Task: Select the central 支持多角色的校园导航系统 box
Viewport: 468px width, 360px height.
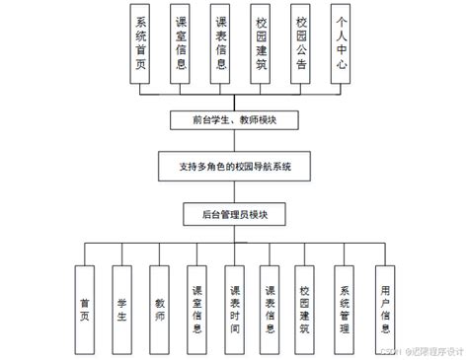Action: click(x=233, y=164)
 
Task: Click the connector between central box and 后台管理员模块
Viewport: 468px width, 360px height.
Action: click(x=234, y=187)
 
